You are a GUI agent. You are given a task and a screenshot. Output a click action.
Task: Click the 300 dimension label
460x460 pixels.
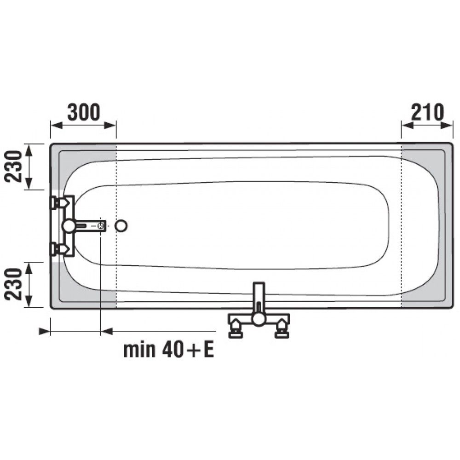pyautogui.click(x=84, y=112)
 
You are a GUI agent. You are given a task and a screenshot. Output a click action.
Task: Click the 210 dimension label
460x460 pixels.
pyautogui.click(x=427, y=112)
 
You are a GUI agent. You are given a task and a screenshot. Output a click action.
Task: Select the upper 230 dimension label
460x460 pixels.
pyautogui.click(x=14, y=167)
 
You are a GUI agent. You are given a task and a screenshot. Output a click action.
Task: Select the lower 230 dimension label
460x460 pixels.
pyautogui.click(x=14, y=284)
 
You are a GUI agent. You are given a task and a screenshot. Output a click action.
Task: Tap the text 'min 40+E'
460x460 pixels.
pyautogui.click(x=169, y=350)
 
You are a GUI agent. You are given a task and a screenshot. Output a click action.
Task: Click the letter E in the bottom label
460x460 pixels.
pyautogui.click(x=209, y=350)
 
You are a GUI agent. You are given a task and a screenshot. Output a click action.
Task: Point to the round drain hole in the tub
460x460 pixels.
pyautogui.click(x=121, y=226)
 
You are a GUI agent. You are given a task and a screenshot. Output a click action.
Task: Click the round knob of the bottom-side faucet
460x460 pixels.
pyautogui.click(x=259, y=319)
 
